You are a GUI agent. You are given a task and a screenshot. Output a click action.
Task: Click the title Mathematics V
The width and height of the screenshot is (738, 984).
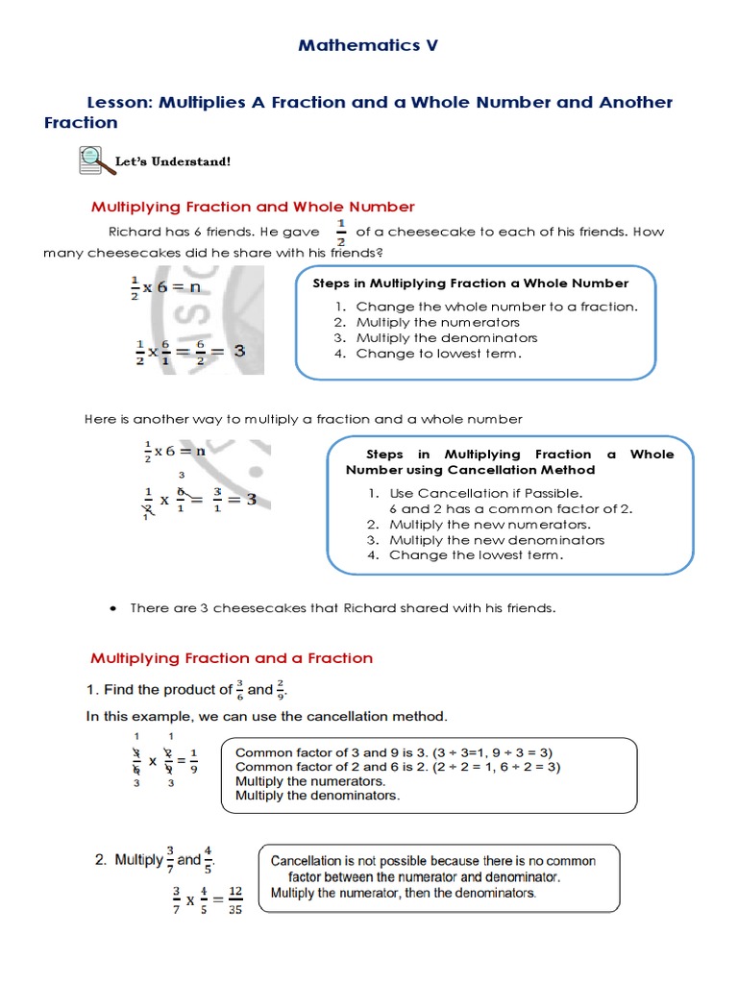coord(368,45)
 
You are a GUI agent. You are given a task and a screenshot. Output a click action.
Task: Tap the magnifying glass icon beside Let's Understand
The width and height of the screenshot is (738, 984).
coord(89,160)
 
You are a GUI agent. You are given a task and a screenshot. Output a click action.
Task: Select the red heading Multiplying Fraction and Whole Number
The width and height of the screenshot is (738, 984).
coord(253,207)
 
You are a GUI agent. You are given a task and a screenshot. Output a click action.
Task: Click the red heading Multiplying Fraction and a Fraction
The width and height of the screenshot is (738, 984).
coord(232,658)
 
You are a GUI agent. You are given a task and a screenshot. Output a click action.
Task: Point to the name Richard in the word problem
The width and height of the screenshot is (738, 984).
coord(134,232)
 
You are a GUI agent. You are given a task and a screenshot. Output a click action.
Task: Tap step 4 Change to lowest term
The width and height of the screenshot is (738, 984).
coord(438,354)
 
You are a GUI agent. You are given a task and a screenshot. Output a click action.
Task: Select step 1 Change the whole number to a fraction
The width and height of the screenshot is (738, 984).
coord(496,307)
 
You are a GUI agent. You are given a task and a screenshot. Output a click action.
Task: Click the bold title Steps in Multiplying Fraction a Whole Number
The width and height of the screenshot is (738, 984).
coord(471,283)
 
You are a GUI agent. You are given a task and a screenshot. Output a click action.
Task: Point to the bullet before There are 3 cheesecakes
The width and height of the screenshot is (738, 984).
coord(114,609)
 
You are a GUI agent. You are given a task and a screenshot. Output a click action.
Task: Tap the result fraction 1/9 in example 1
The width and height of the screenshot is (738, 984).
coord(193,759)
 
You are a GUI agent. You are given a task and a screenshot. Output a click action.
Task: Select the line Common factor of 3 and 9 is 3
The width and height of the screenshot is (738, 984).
coord(394,752)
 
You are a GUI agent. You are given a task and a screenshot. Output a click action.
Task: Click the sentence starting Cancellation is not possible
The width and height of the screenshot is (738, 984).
coord(432,861)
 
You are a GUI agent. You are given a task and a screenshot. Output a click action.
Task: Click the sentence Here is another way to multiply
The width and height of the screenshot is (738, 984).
coord(304,419)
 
